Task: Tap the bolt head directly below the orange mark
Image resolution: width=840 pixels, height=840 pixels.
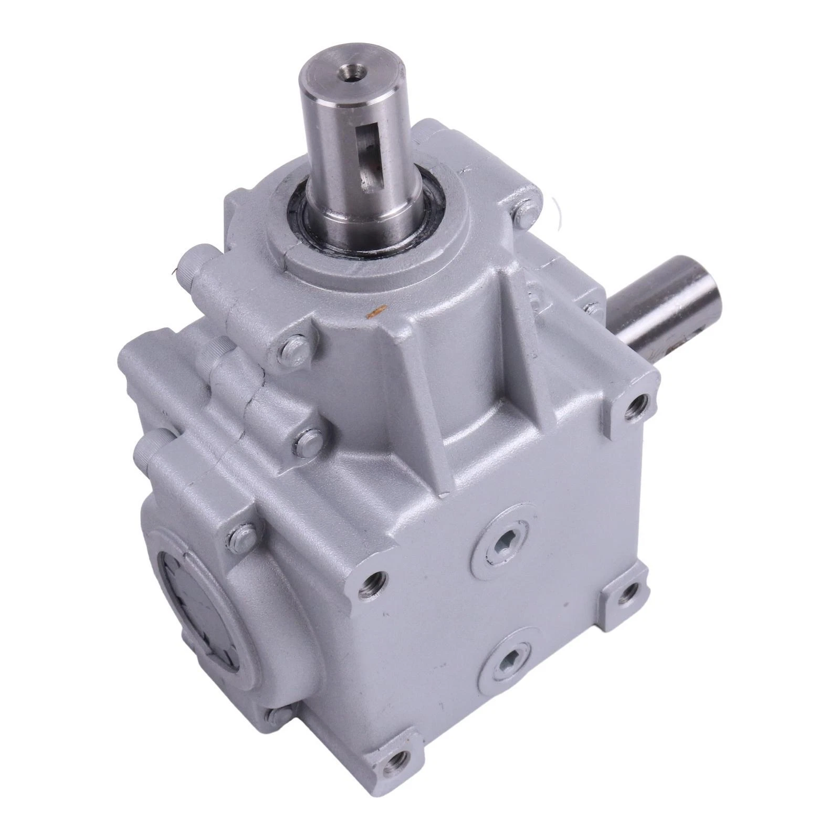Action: tap(291, 349)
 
